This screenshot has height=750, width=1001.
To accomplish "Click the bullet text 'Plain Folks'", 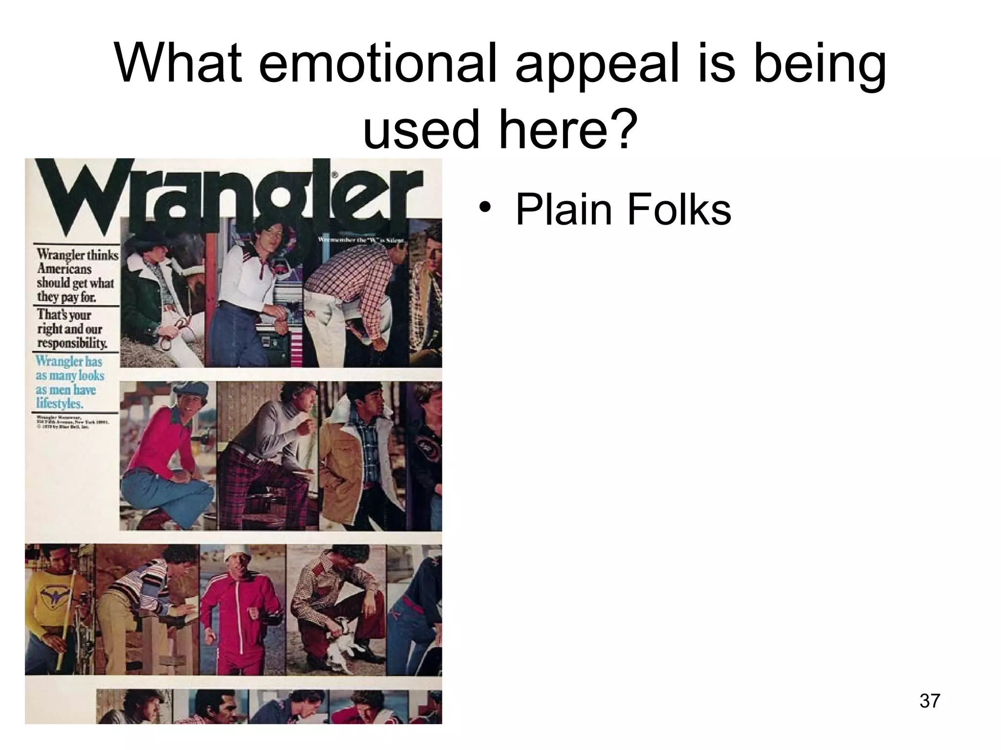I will [623, 209].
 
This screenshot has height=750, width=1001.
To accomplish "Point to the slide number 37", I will [930, 701].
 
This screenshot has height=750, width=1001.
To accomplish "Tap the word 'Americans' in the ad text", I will [64, 269].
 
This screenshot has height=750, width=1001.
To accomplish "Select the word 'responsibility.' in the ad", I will [72, 343].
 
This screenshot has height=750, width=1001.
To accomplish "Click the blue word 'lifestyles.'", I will [60, 404].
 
